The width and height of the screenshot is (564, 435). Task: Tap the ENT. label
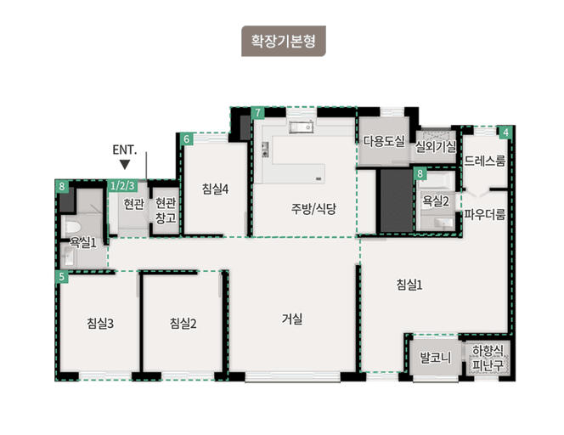(x=125, y=150)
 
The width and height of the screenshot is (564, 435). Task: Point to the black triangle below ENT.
(x=125, y=165)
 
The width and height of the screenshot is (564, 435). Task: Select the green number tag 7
(x=258, y=113)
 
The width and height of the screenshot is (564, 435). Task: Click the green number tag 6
(x=187, y=138)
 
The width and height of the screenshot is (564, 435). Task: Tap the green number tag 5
(x=61, y=277)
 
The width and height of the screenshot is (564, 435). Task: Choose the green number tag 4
(x=505, y=133)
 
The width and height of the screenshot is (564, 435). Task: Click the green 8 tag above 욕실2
(x=420, y=174)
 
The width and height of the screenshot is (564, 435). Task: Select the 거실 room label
(x=292, y=319)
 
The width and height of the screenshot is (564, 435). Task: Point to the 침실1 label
(x=409, y=285)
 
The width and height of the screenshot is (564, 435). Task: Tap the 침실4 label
(x=216, y=189)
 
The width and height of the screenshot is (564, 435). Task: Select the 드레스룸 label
(x=484, y=161)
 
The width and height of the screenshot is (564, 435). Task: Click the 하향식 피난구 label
(x=488, y=358)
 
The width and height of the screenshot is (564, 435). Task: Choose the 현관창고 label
(x=165, y=211)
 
